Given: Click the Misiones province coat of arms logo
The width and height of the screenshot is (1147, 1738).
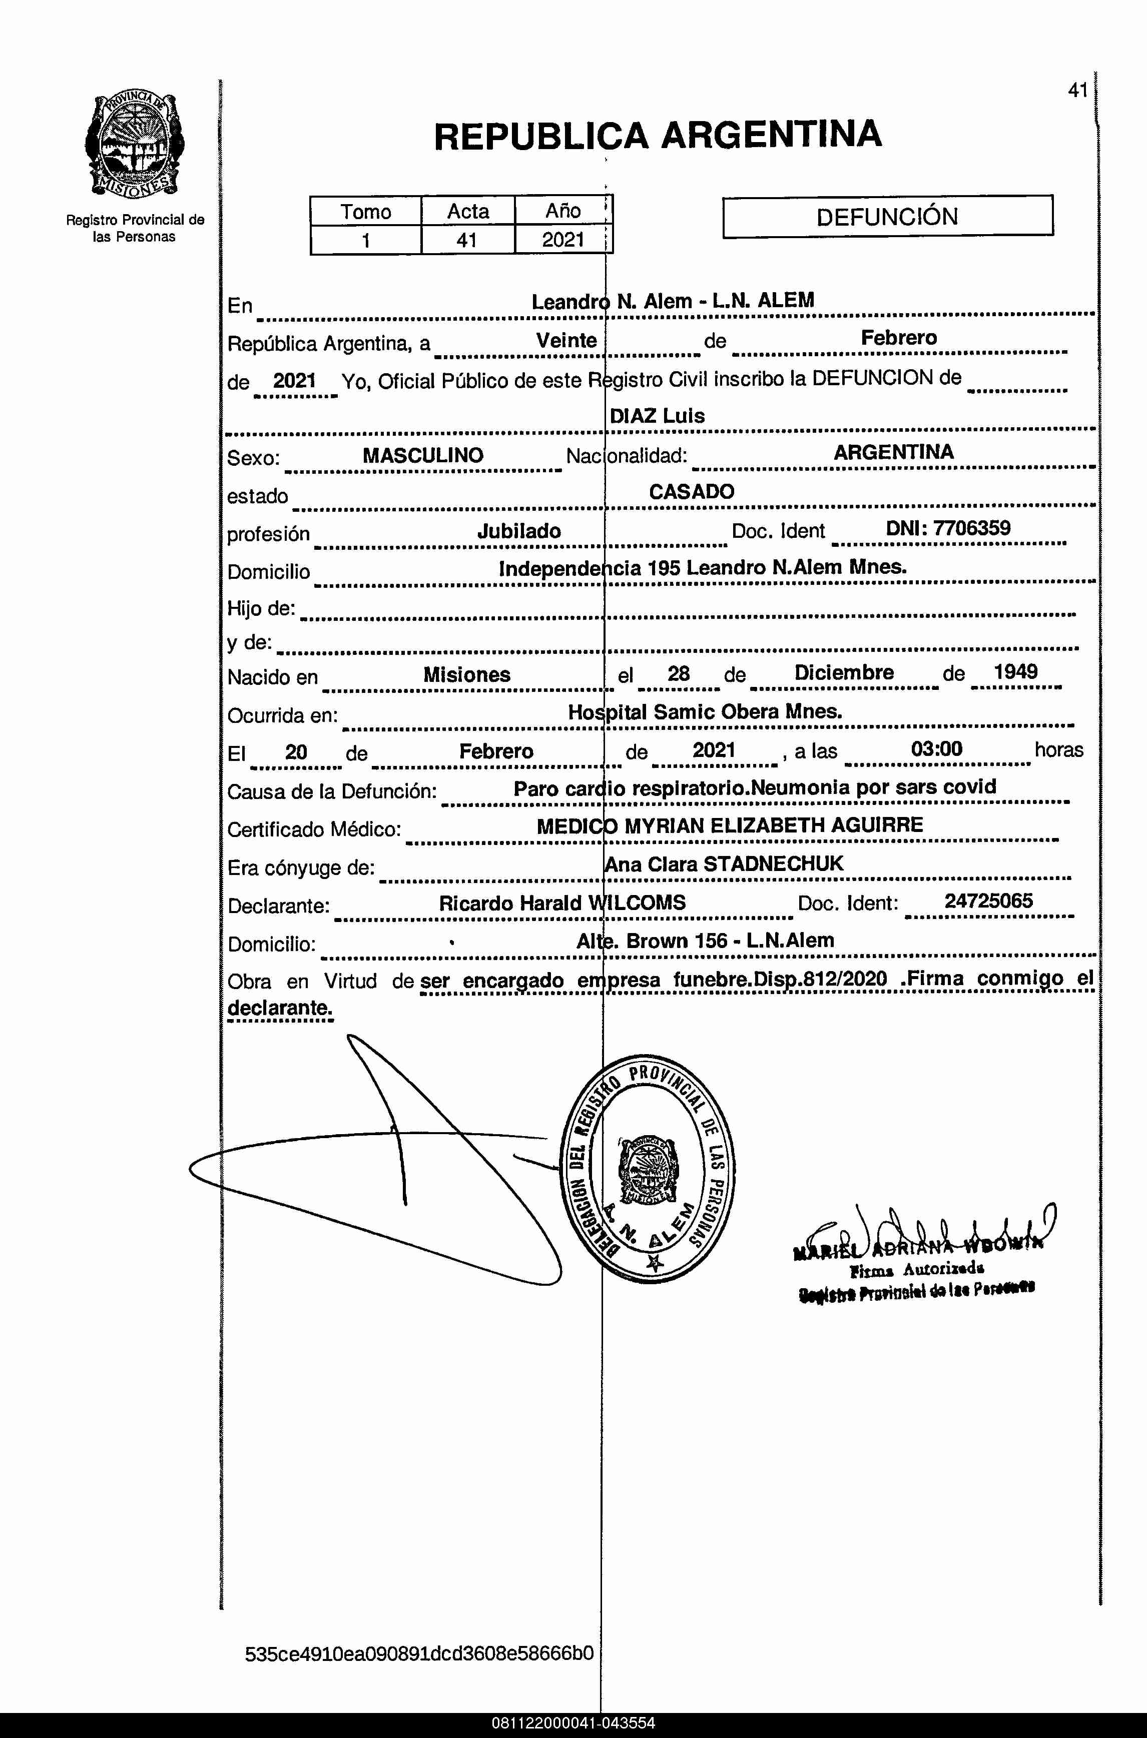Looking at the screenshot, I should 135,145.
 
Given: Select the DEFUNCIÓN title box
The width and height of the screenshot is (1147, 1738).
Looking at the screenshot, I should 887,217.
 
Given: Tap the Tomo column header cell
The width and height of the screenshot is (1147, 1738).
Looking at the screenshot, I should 366,211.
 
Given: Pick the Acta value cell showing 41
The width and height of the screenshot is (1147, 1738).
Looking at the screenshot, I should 467,240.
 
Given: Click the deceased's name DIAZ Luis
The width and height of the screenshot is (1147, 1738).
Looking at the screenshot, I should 657,416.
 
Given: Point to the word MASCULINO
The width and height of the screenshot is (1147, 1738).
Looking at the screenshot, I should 423,456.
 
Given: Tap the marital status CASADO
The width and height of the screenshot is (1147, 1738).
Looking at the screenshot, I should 691,491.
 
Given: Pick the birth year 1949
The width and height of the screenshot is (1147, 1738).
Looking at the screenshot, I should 1015,672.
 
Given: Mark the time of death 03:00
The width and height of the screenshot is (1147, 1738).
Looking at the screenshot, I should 936,749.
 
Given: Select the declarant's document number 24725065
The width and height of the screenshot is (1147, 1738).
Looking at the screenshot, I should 988,901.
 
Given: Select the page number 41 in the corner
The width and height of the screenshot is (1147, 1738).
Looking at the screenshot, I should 1077,91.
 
